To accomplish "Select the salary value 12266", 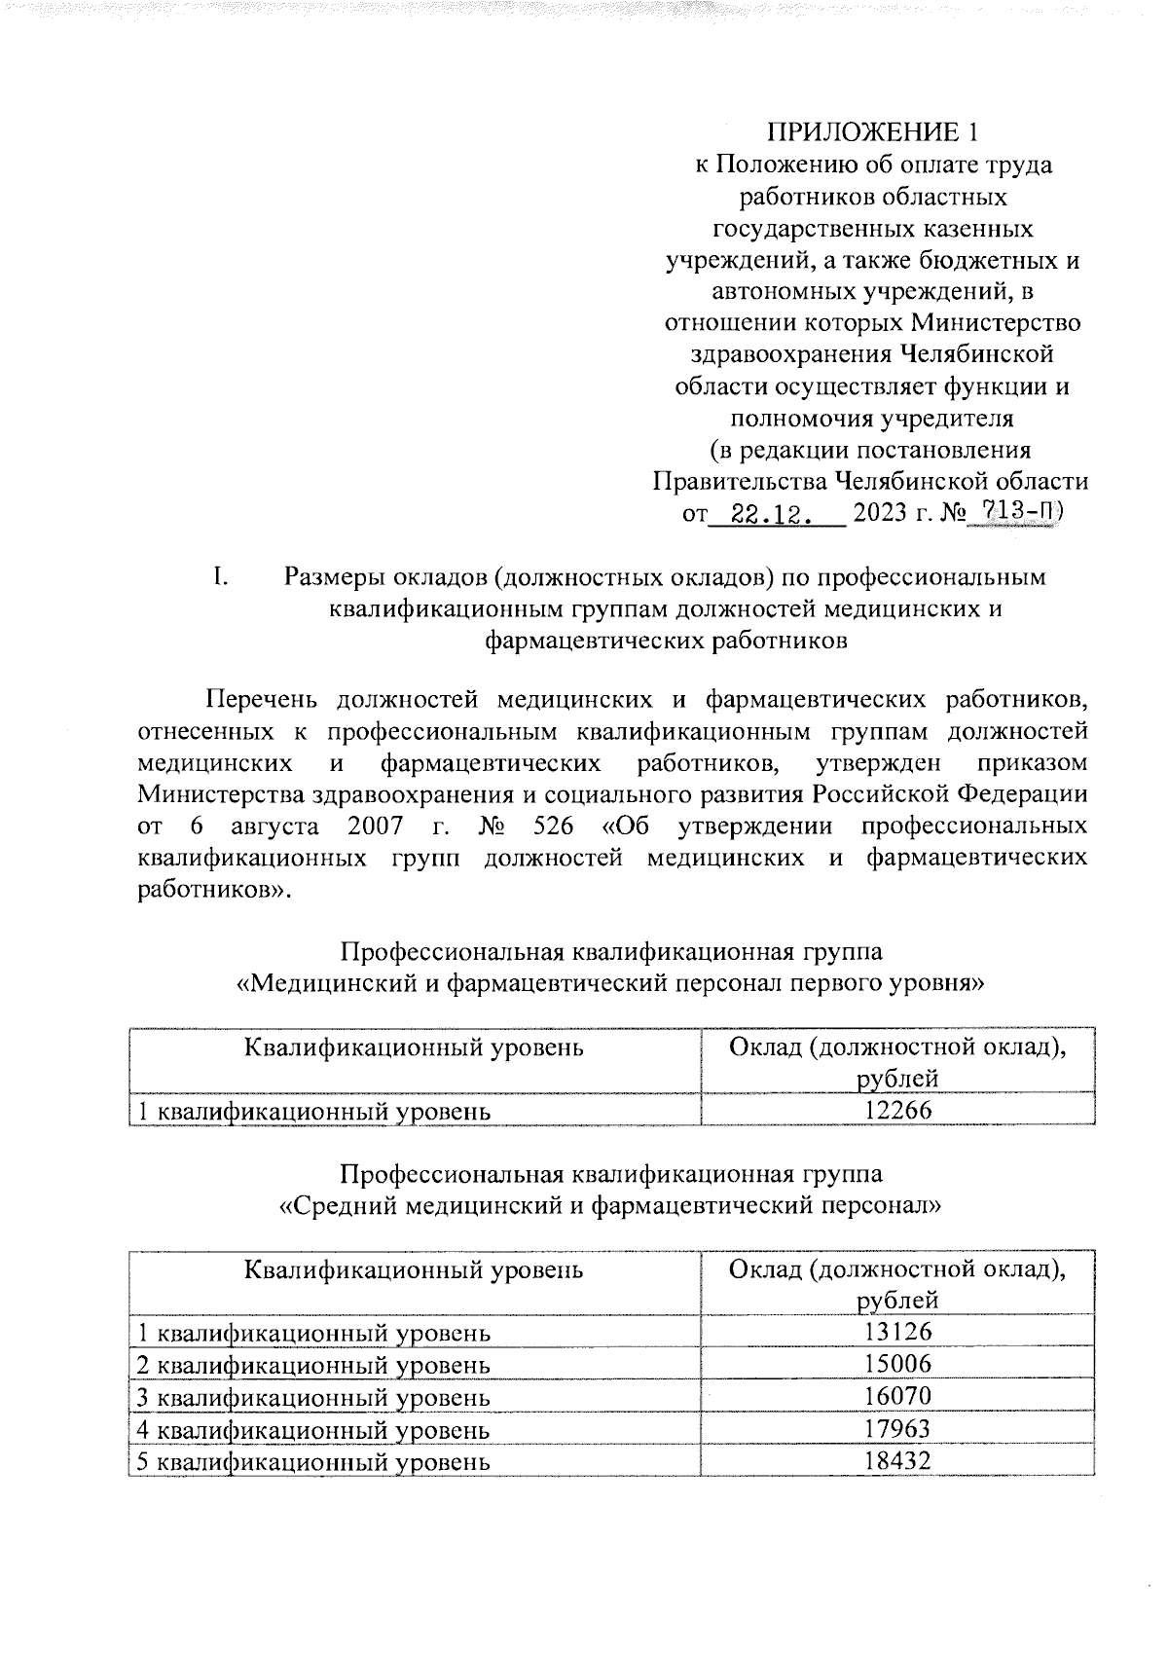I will (897, 1110).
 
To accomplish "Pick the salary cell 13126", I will (897, 1332).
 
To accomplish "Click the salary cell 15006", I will (897, 1364).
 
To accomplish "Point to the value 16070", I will (897, 1396).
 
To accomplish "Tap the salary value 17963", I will (897, 1429).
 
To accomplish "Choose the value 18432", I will (897, 1461).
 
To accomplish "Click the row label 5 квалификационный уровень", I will (311, 1462).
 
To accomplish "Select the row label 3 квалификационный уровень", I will (311, 1397).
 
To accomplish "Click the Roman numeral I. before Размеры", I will (220, 577).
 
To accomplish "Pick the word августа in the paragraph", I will (274, 826).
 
